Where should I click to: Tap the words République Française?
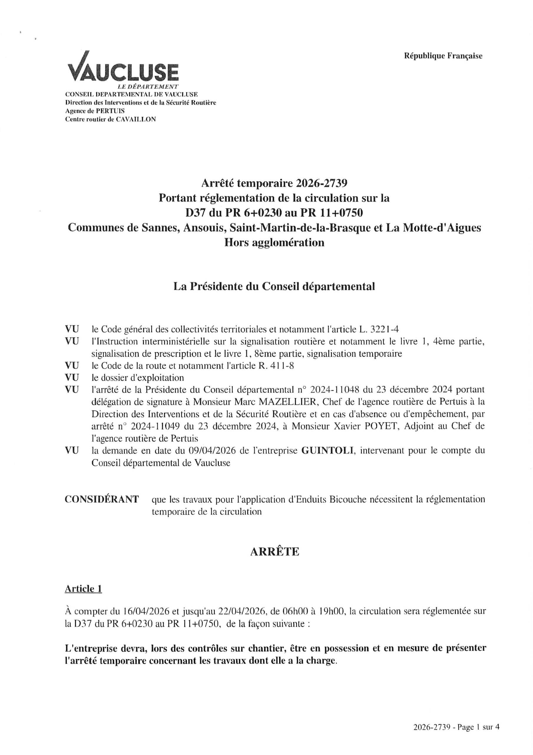pyautogui.click(x=443, y=56)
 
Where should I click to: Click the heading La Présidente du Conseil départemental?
pyautogui.click(x=274, y=286)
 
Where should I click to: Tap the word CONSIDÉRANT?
pyautogui.click(x=102, y=499)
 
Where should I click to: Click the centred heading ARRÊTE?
pyautogui.click(x=274, y=552)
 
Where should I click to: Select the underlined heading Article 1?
pyautogui.click(x=83, y=589)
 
